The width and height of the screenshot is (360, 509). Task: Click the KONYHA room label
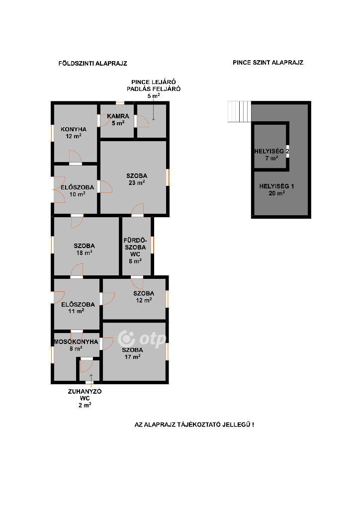point(74,132)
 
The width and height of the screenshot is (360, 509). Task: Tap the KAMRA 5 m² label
point(118,119)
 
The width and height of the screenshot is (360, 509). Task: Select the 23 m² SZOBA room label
point(137,179)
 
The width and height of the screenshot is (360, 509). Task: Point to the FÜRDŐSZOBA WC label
point(135,251)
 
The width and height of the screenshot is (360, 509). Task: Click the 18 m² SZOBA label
point(84,250)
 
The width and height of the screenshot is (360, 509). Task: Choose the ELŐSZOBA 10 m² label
point(77,191)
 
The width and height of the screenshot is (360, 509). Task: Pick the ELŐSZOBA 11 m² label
point(78,308)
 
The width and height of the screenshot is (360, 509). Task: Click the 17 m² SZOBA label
point(132,353)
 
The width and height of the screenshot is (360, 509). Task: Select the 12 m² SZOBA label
point(144,297)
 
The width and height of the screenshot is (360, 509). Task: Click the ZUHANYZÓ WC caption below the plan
point(85,398)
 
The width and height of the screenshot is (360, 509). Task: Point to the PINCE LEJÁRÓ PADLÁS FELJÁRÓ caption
point(154,89)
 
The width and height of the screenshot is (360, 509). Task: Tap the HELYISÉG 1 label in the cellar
point(276,189)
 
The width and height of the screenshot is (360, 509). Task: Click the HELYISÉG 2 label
point(271,155)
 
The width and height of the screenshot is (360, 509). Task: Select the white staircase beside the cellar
point(240,112)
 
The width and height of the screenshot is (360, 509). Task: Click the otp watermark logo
point(142,339)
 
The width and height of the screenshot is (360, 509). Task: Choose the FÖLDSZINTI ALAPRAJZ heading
point(93,63)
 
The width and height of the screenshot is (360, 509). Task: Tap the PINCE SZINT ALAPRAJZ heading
point(268,62)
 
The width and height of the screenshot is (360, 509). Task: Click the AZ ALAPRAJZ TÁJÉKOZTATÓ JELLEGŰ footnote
point(194,424)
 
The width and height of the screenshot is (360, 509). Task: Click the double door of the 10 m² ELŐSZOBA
point(59,189)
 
